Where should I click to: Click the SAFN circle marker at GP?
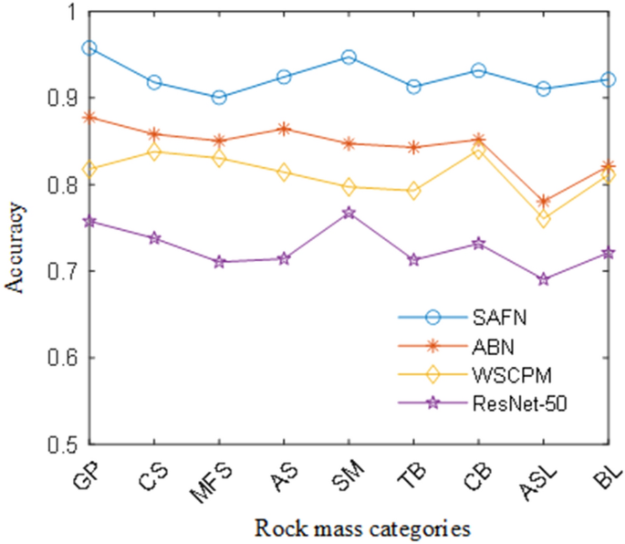[89, 47]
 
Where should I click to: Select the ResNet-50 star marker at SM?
[349, 213]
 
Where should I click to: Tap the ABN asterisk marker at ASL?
[544, 201]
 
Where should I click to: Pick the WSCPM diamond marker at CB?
[479, 151]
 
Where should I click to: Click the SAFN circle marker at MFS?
[219, 97]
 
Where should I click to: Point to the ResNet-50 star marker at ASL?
[544, 279]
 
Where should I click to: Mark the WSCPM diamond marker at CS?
[154, 152]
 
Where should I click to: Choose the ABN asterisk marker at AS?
[284, 129]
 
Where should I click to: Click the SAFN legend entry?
[493, 317]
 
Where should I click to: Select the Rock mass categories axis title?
[362, 528]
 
